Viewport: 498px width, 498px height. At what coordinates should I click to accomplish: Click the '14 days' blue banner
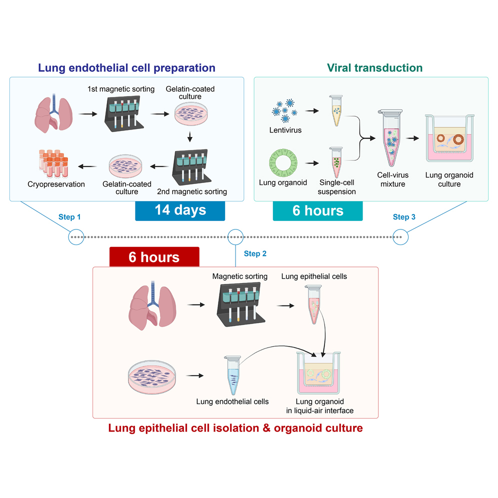click(x=180, y=210)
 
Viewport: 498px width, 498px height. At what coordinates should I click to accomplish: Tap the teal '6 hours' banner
click(x=317, y=210)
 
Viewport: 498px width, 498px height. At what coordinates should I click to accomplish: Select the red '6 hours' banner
click(x=154, y=257)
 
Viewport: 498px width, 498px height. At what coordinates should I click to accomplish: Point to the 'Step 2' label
click(x=255, y=253)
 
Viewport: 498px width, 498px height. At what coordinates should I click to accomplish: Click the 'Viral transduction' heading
click(x=374, y=67)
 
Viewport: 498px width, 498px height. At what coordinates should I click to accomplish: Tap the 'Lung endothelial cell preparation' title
click(x=127, y=67)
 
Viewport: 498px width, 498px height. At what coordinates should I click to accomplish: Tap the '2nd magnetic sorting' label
click(x=192, y=191)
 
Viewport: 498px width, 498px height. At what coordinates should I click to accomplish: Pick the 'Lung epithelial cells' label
click(x=314, y=276)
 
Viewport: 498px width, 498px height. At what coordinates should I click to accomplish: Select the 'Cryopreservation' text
click(x=56, y=184)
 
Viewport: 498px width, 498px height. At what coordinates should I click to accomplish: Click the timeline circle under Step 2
click(x=235, y=236)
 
